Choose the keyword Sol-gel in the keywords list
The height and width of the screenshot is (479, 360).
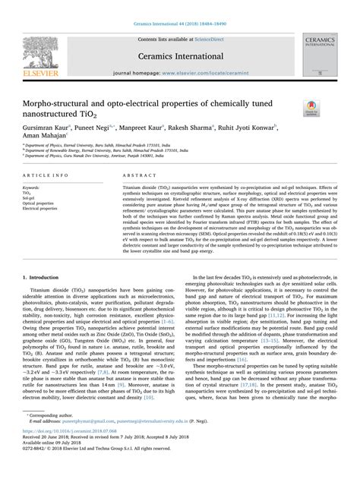coord(32,197)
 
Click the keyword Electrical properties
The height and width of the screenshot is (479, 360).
coord(42,208)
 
